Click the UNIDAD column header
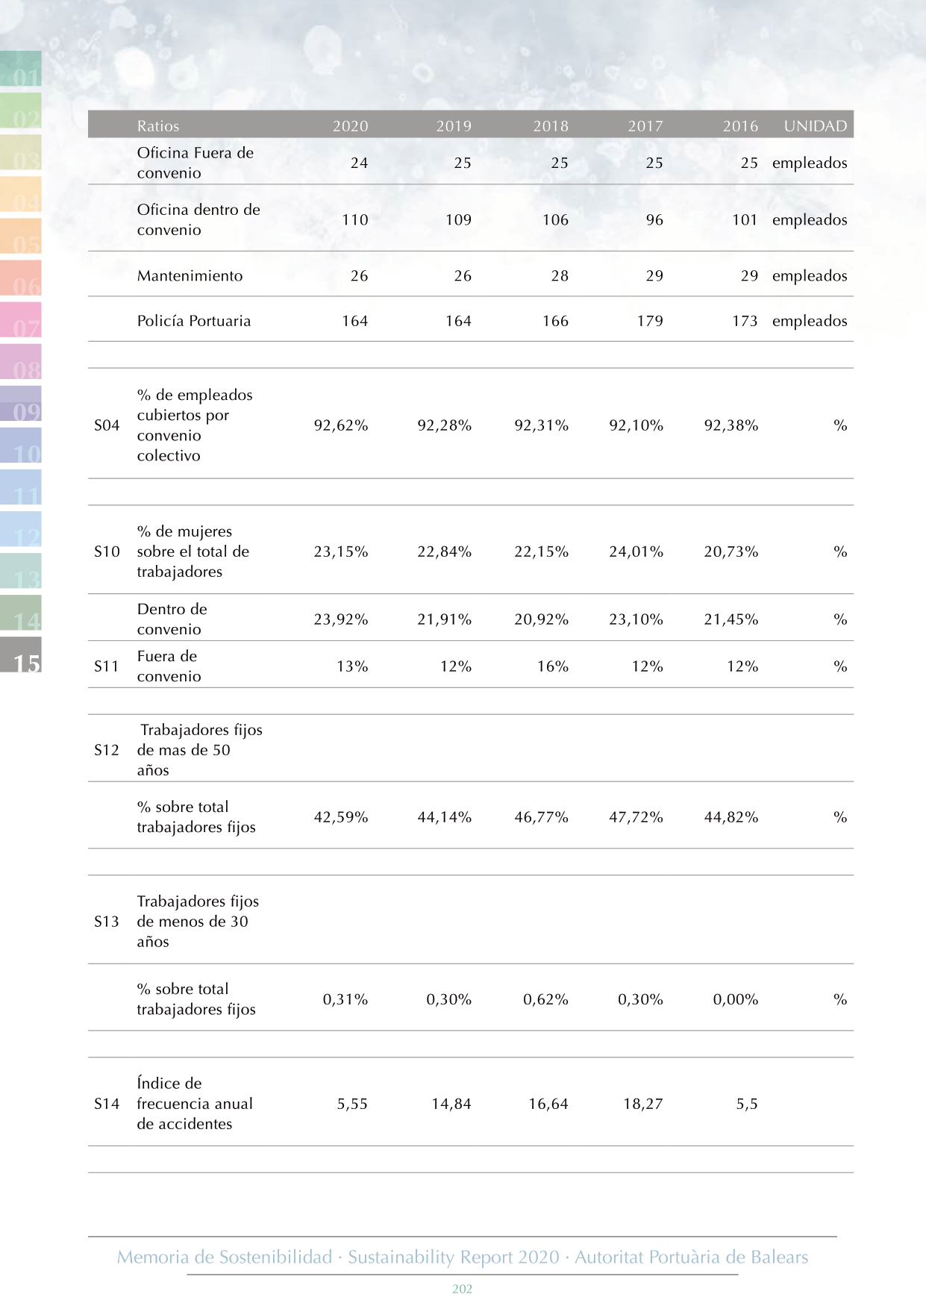[815, 126]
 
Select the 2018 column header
[551, 126]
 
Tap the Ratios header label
[158, 126]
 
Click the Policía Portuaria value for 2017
[650, 321]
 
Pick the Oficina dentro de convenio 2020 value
[355, 220]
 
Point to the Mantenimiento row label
[190, 276]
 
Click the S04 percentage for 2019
[444, 425]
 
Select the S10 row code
[107, 552]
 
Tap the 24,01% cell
[636, 552]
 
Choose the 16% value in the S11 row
[553, 666]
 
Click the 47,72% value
[636, 817]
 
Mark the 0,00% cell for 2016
[735, 999]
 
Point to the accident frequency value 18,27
[643, 1104]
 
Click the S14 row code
[107, 1104]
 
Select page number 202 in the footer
[463, 1289]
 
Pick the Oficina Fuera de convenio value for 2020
[359, 163]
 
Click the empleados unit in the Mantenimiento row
[810, 276]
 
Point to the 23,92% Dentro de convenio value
[340, 619]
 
